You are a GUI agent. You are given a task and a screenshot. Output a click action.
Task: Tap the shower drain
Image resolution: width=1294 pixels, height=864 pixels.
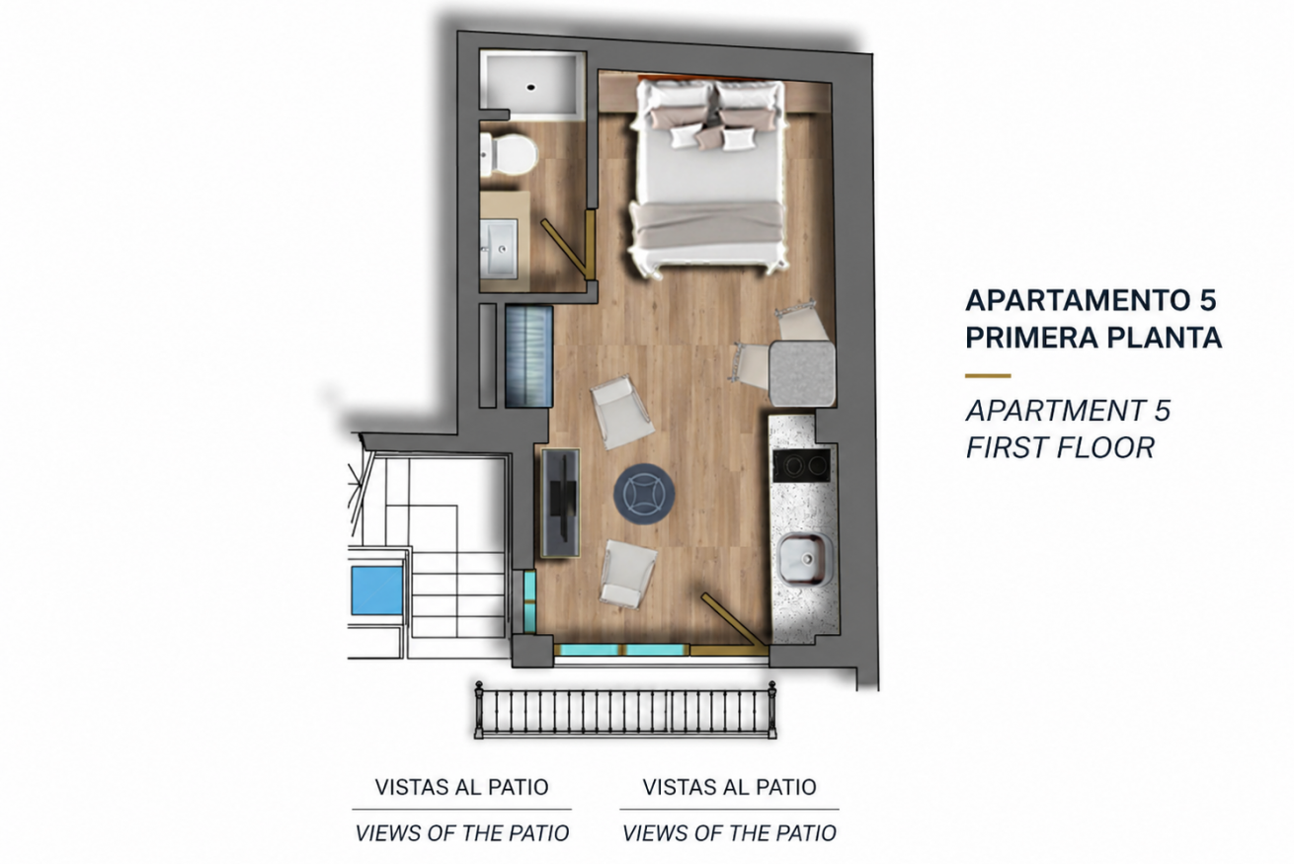530,88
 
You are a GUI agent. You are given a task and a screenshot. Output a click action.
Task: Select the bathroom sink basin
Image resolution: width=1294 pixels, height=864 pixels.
499,249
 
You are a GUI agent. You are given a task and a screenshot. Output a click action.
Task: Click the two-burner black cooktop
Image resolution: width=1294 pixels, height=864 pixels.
801,465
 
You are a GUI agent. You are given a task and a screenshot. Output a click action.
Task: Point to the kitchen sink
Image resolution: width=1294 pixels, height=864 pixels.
805,559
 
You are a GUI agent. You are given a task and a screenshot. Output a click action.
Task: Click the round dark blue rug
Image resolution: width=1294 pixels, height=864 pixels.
644,494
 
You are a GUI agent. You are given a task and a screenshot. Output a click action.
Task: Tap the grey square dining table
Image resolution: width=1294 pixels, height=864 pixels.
802,373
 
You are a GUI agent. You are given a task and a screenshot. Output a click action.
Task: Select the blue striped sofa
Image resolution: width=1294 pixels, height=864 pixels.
529,356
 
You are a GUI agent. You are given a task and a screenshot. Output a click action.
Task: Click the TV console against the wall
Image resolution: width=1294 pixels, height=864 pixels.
560,503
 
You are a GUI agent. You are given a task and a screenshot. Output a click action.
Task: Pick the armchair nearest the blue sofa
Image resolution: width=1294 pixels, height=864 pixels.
621,411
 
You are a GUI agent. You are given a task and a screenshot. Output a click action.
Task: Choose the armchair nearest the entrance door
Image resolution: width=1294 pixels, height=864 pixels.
628,574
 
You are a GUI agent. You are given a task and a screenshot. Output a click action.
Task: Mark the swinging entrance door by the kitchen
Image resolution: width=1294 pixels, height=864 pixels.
734,619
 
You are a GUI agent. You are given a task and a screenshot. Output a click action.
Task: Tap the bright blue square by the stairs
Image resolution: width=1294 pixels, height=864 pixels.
377,589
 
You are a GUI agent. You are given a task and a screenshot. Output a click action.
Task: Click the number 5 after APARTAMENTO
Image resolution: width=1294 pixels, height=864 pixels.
1206,300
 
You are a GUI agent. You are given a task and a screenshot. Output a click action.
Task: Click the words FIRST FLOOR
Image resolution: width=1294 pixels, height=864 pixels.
1061,447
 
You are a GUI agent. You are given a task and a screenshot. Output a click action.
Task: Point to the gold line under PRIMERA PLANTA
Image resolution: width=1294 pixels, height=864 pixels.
988,376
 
